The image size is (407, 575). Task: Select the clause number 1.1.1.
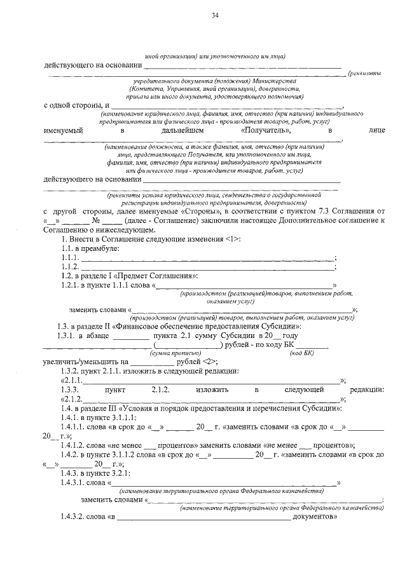[64, 257]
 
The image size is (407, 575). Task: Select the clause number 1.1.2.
[64, 266]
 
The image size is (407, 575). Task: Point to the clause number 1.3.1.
[68, 335]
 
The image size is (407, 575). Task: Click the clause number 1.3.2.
[66, 370]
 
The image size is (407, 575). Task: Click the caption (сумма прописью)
[172, 352]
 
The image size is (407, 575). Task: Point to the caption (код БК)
[301, 352]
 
